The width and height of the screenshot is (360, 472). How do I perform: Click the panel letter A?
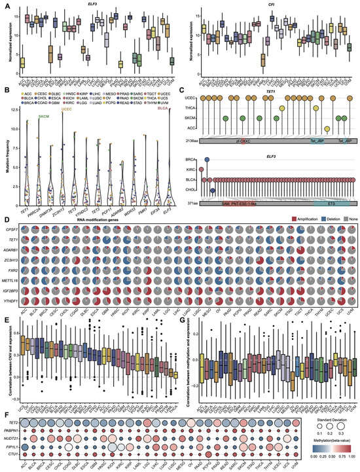point(5,4)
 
